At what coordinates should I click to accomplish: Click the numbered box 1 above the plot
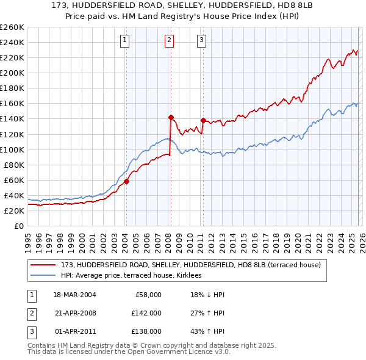click(x=124, y=41)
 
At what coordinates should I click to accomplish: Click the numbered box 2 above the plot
click(x=169, y=41)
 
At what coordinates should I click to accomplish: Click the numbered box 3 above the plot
click(x=201, y=41)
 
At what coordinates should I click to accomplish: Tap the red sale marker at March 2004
click(x=126, y=181)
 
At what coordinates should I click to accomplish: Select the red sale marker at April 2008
click(x=171, y=117)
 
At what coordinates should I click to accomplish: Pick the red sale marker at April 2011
click(x=203, y=120)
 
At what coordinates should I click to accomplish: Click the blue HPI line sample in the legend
click(x=43, y=275)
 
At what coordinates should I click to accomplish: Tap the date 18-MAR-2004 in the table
click(x=74, y=295)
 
